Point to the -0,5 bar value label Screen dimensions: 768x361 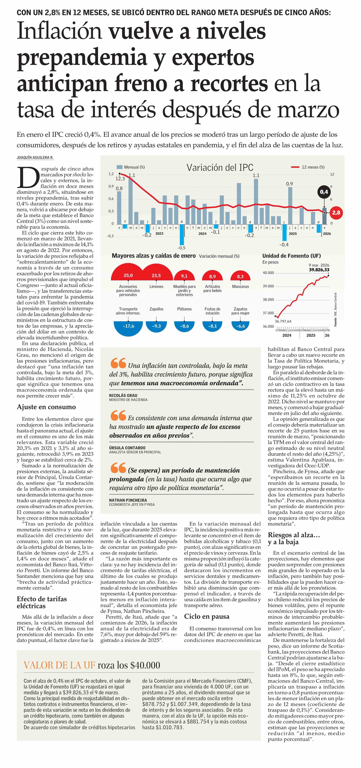(x=181, y=248)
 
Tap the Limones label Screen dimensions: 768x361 (x=156, y=286)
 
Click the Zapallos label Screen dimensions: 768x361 (x=156, y=309)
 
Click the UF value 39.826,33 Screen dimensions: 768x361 (x=319, y=270)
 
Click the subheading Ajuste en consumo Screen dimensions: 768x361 (x=46, y=407)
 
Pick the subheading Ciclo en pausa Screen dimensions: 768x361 (x=207, y=616)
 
